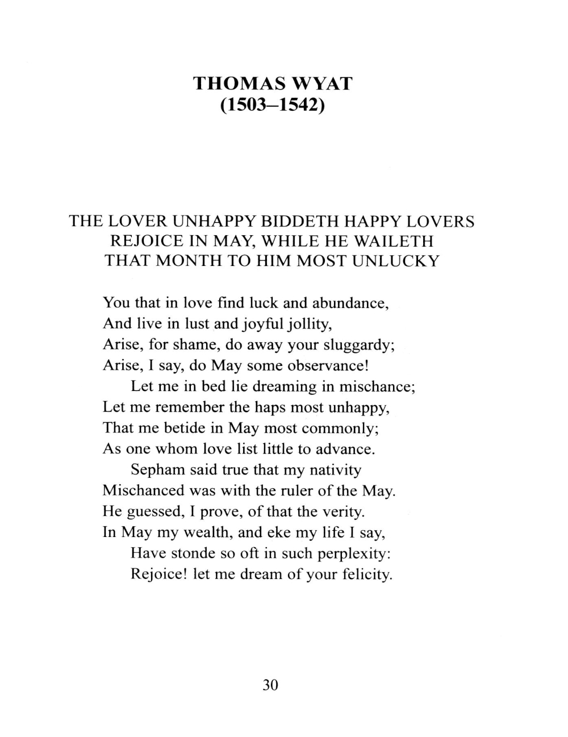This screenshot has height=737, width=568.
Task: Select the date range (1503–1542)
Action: [272, 106]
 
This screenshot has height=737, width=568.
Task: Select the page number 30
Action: [271, 685]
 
